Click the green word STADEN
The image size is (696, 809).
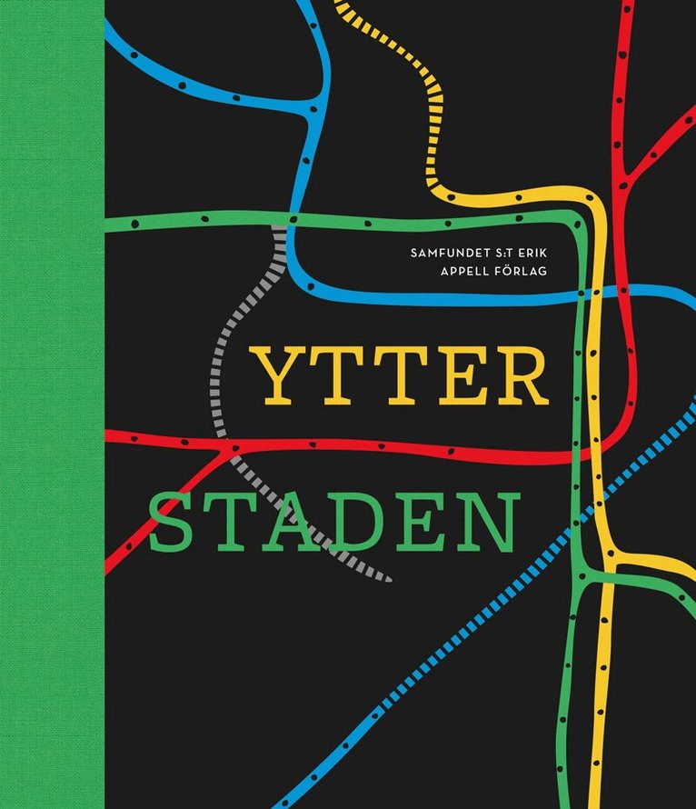(x=333, y=524)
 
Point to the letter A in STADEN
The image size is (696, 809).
(x=296, y=524)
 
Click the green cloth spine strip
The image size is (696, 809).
(x=52, y=404)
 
